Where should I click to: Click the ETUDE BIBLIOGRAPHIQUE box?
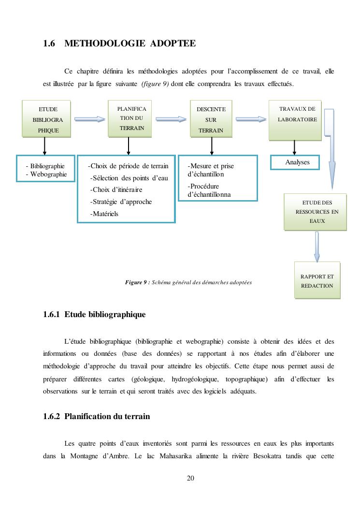pyautogui.click(x=46, y=119)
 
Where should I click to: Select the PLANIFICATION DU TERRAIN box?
pyautogui.click(x=128, y=118)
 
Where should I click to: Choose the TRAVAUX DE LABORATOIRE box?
pyautogui.click(x=295, y=120)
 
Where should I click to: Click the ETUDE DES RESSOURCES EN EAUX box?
pyautogui.click(x=315, y=212)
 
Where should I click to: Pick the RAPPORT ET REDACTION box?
pyautogui.click(x=317, y=280)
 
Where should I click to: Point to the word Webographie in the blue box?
pyautogui.click(x=48, y=175)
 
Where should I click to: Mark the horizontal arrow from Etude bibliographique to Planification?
pyautogui.click(x=90, y=119)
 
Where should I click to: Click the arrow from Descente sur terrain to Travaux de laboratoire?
pyautogui.click(x=251, y=119)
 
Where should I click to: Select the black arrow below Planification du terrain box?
pyautogui.click(x=129, y=146)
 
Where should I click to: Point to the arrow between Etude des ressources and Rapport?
pyautogui.click(x=317, y=247)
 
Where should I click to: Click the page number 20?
pyautogui.click(x=190, y=479)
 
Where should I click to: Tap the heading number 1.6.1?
pyautogui.click(x=51, y=315)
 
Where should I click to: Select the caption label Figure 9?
pyautogui.click(x=137, y=282)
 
